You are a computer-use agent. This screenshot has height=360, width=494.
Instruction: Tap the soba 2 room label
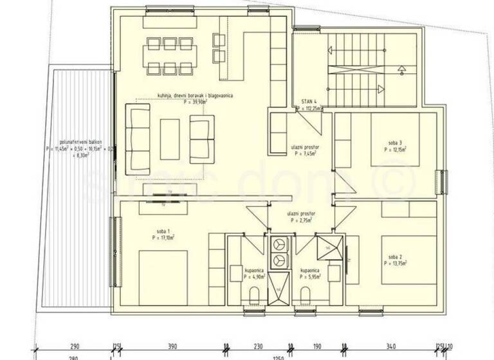pyautogui.click(x=394, y=256)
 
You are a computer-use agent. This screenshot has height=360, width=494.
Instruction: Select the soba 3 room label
pyautogui.click(x=395, y=143)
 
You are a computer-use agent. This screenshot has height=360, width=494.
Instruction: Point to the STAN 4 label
pyautogui.click(x=310, y=102)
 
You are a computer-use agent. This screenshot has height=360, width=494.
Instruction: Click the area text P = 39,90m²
pyautogui.click(x=196, y=101)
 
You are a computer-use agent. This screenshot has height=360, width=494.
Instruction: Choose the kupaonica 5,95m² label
pyautogui.click(x=311, y=272)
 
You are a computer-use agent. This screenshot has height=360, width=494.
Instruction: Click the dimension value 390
pyautogui.click(x=172, y=346)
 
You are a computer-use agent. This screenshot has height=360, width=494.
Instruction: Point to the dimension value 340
pyautogui.click(x=392, y=346)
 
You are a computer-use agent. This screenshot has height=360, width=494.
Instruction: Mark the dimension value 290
pyautogui.click(x=76, y=346)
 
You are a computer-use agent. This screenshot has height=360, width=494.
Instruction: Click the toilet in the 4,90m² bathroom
pyautogui.click(x=253, y=295)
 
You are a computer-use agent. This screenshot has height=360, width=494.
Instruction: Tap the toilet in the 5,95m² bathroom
pyautogui.click(x=306, y=295)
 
